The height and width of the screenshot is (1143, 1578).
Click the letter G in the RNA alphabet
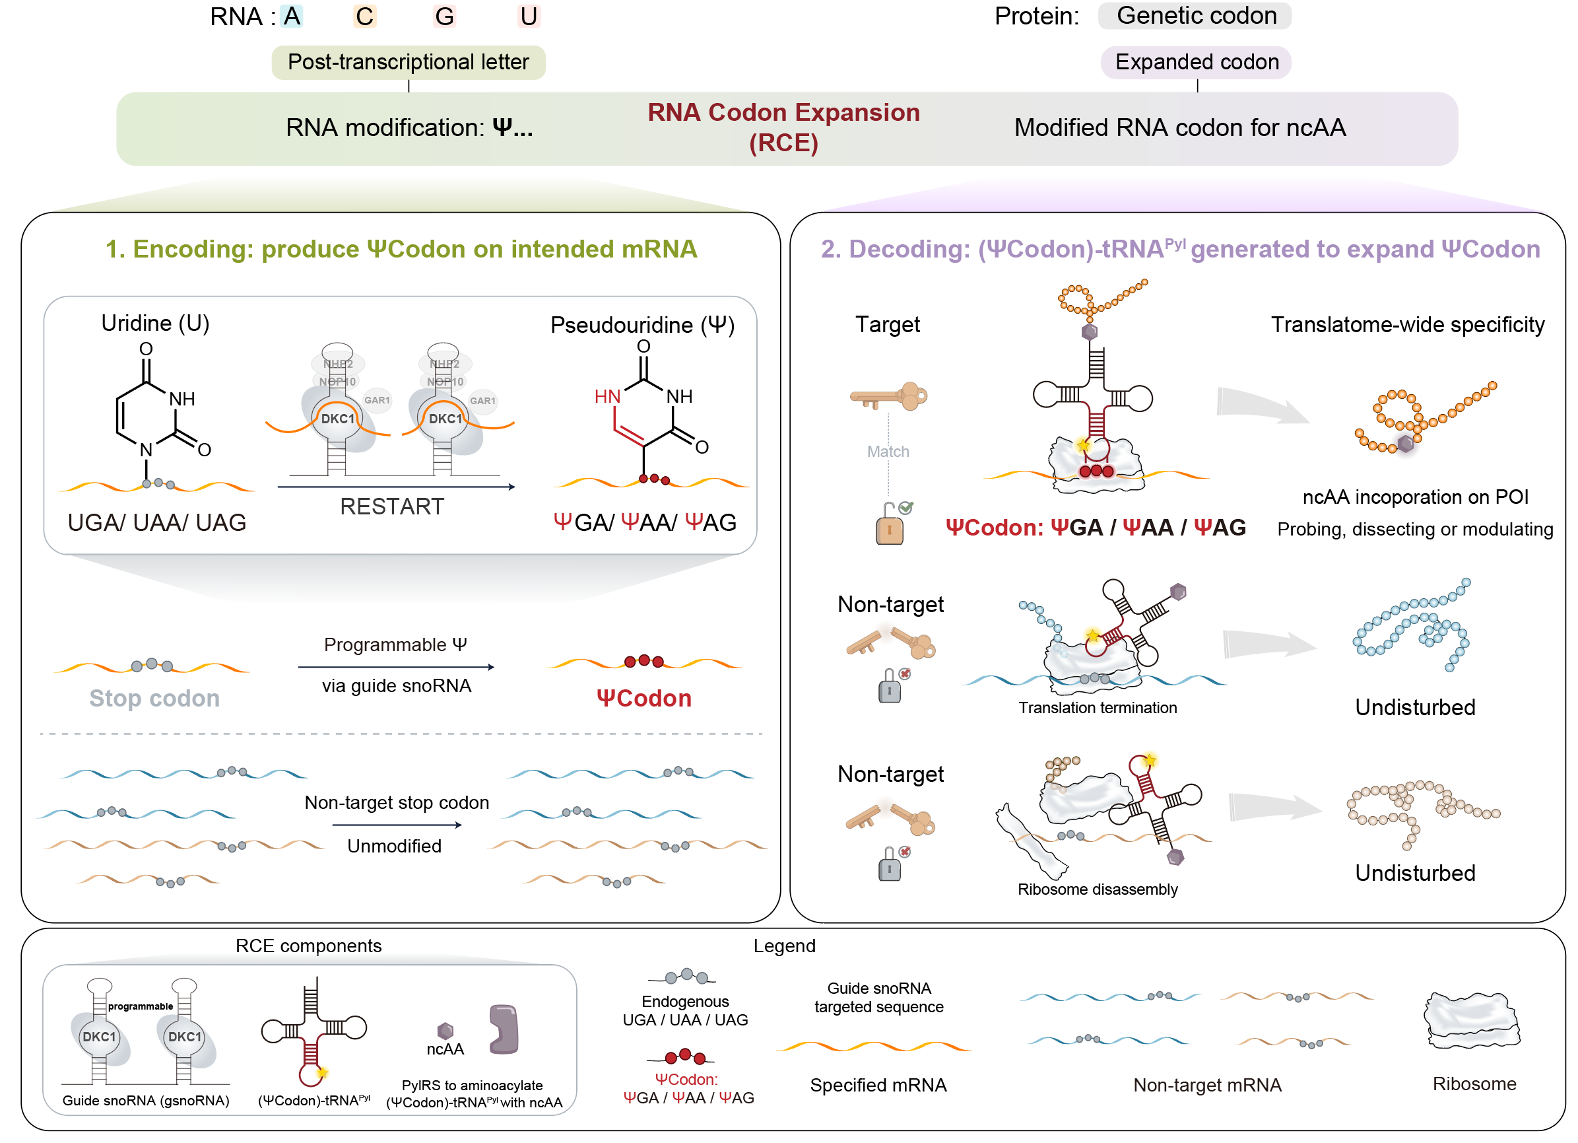[445, 17]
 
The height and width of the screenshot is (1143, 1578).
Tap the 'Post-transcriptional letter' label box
[409, 63]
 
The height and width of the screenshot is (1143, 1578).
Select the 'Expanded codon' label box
[1197, 63]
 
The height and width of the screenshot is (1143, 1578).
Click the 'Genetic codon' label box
[1195, 16]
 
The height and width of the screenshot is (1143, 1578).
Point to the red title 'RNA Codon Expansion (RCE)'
[783, 127]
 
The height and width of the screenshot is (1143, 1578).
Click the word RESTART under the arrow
[392, 506]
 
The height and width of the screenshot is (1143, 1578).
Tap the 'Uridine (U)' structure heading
[155, 324]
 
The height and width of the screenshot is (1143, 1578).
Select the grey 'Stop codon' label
[154, 698]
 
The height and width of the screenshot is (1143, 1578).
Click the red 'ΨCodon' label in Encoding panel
[643, 698]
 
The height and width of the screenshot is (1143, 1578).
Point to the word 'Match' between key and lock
[888, 452]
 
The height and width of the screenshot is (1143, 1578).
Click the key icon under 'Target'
[888, 398]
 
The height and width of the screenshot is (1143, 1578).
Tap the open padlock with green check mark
[890, 524]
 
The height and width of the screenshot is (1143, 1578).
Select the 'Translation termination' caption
[1098, 708]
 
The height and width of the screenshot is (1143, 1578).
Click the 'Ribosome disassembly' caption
[1098, 889]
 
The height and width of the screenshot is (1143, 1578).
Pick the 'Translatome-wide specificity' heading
[1407, 325]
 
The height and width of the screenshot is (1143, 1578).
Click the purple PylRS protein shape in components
[504, 1029]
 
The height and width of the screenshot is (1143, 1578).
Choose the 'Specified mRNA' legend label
[878, 1086]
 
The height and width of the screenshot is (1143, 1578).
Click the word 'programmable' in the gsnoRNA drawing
[141, 1006]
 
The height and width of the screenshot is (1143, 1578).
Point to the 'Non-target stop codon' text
[397, 802]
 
